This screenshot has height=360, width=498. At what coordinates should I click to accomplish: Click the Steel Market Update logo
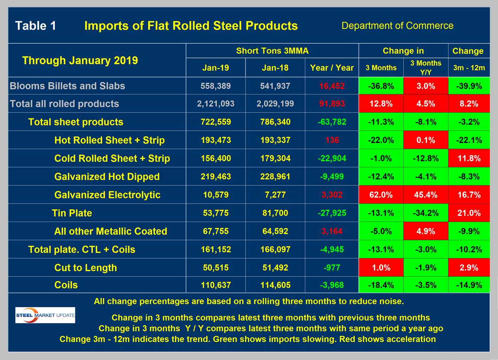pos(45,315)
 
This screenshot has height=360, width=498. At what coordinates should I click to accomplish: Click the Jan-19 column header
pos(216,68)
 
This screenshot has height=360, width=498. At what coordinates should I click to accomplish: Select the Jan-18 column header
pos(275,68)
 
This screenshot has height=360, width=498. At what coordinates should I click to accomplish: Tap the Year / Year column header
pos(332,68)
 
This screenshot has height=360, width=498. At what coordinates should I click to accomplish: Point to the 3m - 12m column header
pos(469,68)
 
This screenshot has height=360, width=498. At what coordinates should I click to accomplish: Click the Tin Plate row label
pos(72,213)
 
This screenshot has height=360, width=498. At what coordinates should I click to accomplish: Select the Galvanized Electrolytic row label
pos(107,195)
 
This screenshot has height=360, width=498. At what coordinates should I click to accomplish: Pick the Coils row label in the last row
pos(66,285)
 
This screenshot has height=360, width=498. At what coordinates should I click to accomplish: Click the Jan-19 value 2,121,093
pos(216,104)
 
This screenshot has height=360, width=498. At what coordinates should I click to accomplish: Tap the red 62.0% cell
pos(381,195)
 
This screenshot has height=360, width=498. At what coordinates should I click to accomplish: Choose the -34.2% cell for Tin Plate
pos(425,213)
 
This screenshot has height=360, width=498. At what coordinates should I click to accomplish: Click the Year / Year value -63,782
pos(332,122)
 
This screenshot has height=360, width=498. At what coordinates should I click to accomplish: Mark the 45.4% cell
pos(425,195)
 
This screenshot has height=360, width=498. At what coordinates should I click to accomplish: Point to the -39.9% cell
pos(469,86)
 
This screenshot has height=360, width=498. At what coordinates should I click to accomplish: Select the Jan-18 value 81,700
pos(275,213)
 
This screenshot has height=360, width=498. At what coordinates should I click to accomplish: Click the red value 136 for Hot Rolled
pos(332,140)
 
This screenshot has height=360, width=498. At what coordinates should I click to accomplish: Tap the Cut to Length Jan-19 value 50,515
pos(216,268)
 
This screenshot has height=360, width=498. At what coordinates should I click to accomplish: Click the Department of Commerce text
pos(397,26)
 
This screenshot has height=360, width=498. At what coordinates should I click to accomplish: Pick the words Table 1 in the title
pos(36,26)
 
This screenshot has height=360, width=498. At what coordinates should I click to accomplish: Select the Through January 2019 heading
pos(80,60)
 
